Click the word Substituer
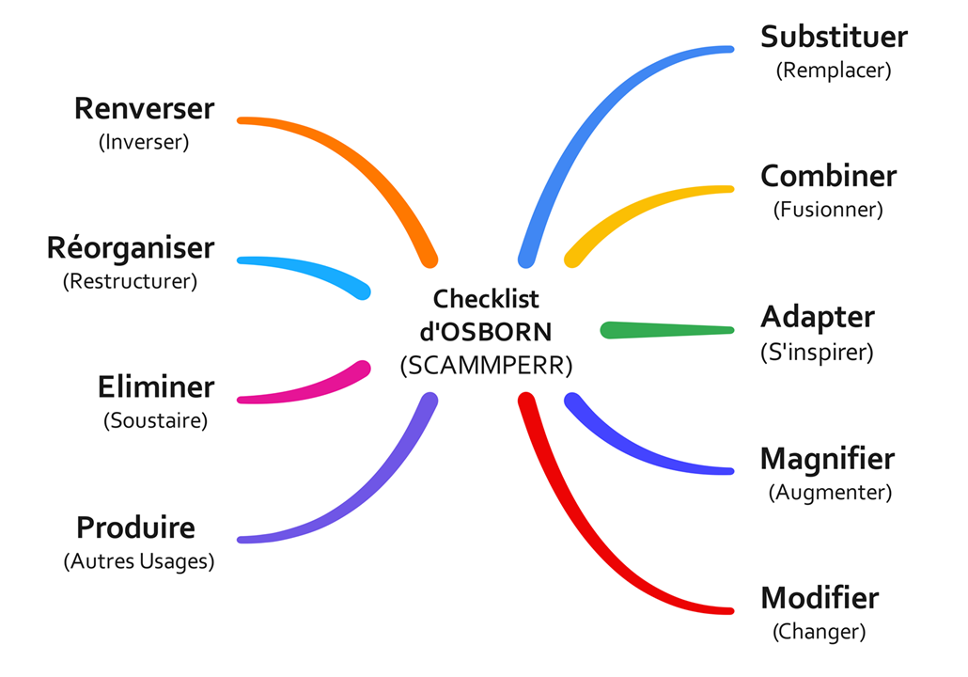[834, 37]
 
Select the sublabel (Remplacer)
[834, 70]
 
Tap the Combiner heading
[828, 176]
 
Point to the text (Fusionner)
[828, 210]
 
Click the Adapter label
[817, 317]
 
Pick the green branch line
[667, 330]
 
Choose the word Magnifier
[827, 459]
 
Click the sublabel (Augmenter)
[829, 492]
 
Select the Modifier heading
[819, 598]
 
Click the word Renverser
[144, 108]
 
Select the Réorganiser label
[131, 248]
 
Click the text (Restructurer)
[130, 281]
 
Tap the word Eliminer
[156, 386]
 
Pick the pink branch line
[301, 390]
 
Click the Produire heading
[135, 527]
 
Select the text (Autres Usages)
[139, 561]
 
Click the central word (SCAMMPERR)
[486, 366]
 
